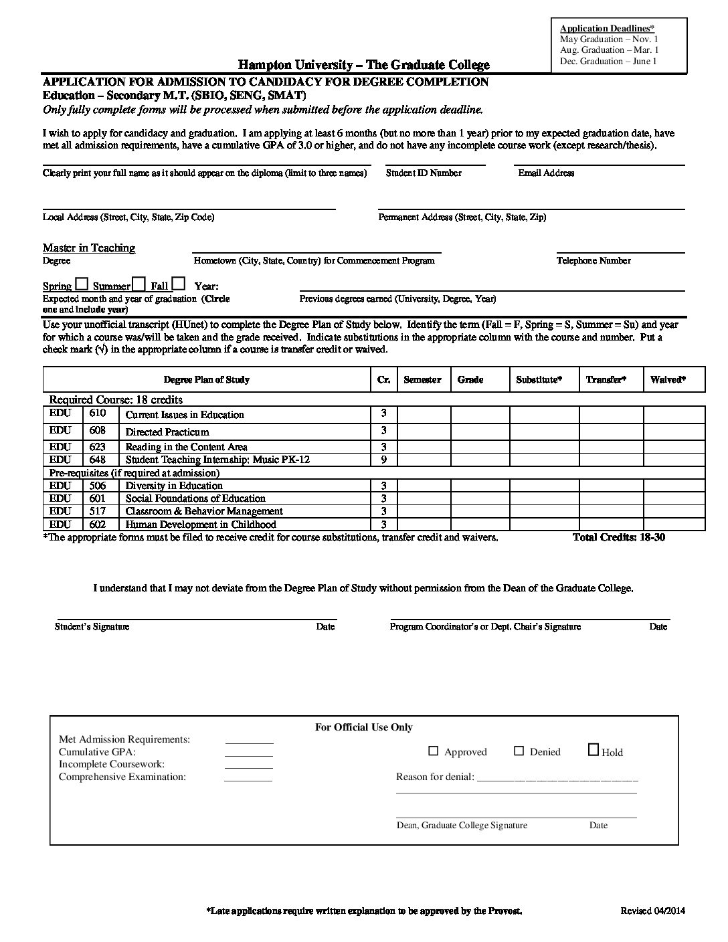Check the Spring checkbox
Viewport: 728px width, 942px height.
pos(82,284)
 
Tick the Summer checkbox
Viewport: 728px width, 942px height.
pos(139,284)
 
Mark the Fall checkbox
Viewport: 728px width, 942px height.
pos(179,284)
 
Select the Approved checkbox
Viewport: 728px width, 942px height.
pos(434,751)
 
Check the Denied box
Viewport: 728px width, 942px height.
pos(519,751)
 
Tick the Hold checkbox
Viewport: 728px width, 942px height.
pos(594,750)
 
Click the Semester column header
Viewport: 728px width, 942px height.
pos(423,380)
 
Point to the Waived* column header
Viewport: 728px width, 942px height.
pos(668,380)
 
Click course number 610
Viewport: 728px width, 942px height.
pos(98,413)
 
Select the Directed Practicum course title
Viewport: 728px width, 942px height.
pos(167,432)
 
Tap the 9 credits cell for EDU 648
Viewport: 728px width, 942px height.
pos(384,460)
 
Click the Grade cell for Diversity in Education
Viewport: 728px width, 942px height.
pos(480,486)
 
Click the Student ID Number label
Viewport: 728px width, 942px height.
pos(424,173)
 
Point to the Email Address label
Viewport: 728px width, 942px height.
pos(546,173)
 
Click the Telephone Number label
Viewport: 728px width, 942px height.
pos(594,261)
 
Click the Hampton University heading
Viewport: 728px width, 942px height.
pos(364,65)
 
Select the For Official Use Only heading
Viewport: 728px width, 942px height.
pos(364,727)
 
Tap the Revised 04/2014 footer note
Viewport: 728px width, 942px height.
pos(652,911)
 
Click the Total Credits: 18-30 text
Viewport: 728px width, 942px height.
pos(619,537)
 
